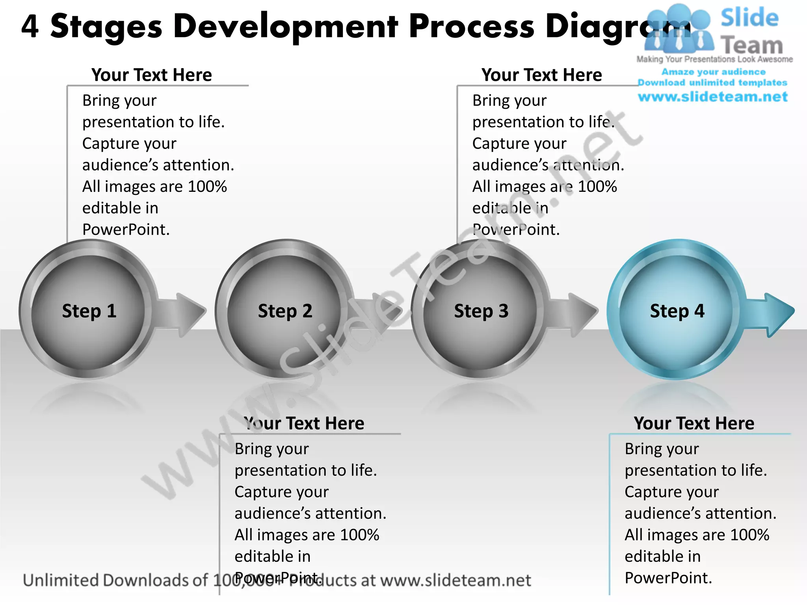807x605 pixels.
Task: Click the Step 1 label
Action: (89, 311)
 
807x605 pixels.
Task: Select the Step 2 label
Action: (285, 311)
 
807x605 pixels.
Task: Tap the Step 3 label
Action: (481, 311)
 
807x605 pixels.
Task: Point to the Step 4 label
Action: (677, 311)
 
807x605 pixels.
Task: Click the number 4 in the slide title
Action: (30, 27)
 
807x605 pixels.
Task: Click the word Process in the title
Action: (471, 27)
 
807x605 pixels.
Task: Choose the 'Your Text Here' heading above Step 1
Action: (152, 75)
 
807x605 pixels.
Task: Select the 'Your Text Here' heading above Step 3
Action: (541, 75)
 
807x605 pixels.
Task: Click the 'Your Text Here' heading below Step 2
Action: (304, 423)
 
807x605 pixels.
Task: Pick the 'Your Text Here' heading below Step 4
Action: (694, 423)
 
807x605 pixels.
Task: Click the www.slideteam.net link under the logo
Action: (712, 97)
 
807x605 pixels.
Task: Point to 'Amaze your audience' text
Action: (713, 72)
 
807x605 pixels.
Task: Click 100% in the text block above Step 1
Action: (207, 187)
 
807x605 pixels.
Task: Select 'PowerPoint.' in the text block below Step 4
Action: (668, 578)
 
